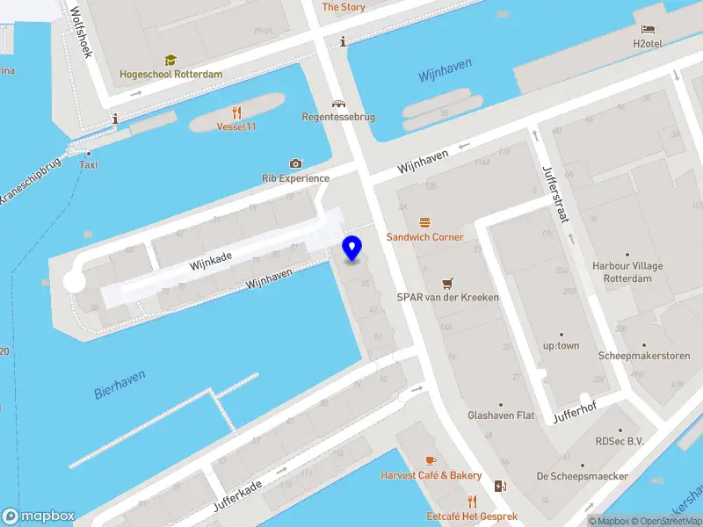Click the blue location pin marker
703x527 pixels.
352,248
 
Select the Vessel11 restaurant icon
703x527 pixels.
236,112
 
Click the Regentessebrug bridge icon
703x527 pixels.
338,103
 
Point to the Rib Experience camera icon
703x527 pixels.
295,164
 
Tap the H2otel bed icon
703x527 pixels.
649,30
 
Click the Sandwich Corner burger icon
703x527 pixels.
425,223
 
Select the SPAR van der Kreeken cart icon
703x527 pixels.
447,283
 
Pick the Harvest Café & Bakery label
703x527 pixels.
431,475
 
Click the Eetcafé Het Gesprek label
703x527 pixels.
472,516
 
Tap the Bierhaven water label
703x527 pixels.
120,385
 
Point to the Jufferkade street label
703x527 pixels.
237,496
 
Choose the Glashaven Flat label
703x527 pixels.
501,415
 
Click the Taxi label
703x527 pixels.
89,165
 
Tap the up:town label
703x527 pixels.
561,345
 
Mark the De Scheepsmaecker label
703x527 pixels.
582,476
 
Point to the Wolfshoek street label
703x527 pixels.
81,34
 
